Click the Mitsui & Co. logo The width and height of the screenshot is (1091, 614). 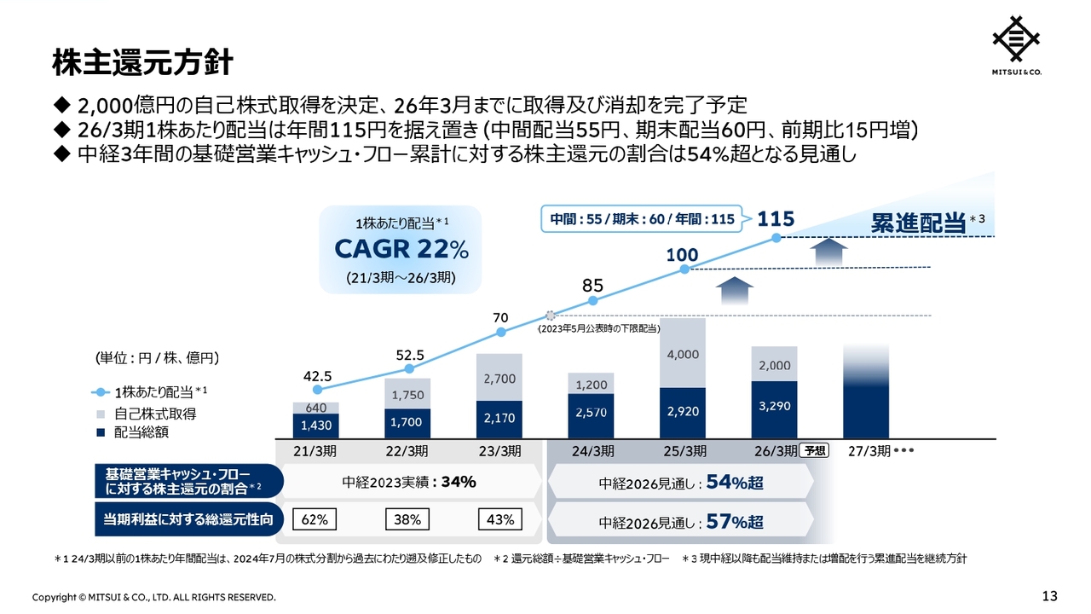[1016, 43]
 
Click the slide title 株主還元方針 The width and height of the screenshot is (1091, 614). [142, 62]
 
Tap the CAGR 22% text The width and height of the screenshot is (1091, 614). [401, 250]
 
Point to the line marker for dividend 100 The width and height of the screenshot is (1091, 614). [684, 269]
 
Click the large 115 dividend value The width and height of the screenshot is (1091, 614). [776, 219]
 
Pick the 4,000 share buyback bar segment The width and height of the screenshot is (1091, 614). [683, 353]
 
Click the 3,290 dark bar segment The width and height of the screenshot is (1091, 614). [774, 407]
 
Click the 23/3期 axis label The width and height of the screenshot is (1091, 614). [499, 451]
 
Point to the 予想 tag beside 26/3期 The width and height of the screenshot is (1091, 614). [815, 451]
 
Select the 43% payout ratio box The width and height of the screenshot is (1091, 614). [499, 518]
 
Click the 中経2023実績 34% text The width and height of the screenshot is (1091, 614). [409, 482]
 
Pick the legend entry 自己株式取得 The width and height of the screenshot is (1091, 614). [155, 414]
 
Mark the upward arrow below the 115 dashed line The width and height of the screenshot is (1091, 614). [826, 252]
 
